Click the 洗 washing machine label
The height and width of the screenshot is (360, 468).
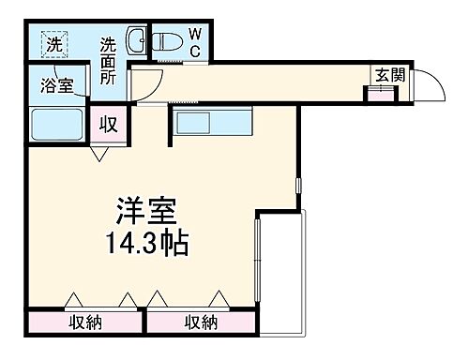click(56, 43)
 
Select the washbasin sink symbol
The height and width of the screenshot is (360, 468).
click(137, 40)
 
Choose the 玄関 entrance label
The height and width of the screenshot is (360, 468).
click(390, 77)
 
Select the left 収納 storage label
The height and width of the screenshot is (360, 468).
click(85, 322)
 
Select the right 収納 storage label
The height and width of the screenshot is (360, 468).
click(200, 322)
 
